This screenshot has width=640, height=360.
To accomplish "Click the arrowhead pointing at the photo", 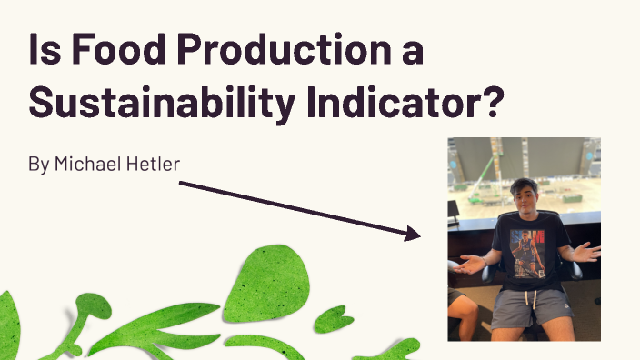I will point(414,235).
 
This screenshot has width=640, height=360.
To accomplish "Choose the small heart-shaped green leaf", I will point(334,319).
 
